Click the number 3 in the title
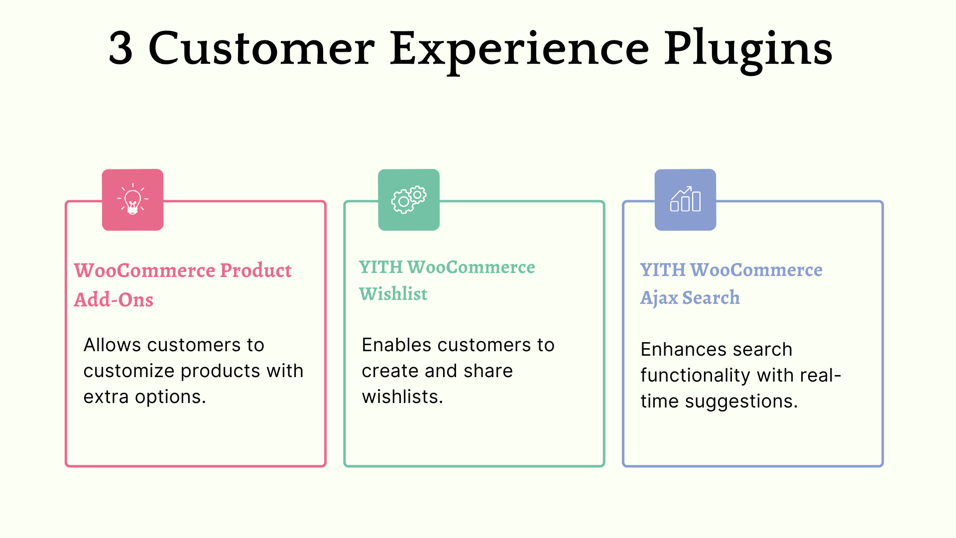tap(121, 48)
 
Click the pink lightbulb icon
tap(132, 200)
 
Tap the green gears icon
tap(409, 200)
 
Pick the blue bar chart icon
tap(685, 200)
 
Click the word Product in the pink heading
tap(255, 270)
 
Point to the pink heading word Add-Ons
tap(114, 300)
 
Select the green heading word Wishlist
tap(393, 294)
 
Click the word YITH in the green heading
tap(381, 268)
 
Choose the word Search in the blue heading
tap(711, 298)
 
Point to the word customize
tap(129, 371)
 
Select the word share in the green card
tap(488, 371)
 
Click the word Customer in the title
tap(261, 48)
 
